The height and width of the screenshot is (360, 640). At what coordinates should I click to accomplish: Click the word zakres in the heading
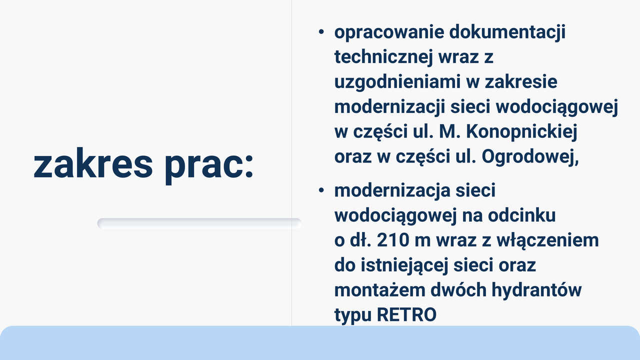tap(93, 163)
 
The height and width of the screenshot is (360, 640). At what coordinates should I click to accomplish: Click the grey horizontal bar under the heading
tap(199, 223)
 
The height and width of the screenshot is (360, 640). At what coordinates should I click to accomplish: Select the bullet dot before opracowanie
tap(321, 32)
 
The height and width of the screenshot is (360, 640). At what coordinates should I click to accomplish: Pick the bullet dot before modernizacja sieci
tap(321, 190)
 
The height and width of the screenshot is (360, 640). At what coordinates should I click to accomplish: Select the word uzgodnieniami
tap(397, 82)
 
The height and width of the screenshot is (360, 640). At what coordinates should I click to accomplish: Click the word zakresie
tap(521, 82)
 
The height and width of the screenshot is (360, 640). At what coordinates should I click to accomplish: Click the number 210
tap(393, 240)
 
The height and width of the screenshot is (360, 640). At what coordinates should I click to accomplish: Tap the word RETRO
tap(406, 315)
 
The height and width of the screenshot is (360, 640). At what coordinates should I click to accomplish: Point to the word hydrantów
tap(536, 290)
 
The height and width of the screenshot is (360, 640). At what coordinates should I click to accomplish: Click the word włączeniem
tap(547, 241)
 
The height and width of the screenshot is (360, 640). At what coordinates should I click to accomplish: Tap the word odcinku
tap(521, 215)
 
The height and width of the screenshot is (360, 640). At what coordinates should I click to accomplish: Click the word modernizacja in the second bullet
tap(392, 191)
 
